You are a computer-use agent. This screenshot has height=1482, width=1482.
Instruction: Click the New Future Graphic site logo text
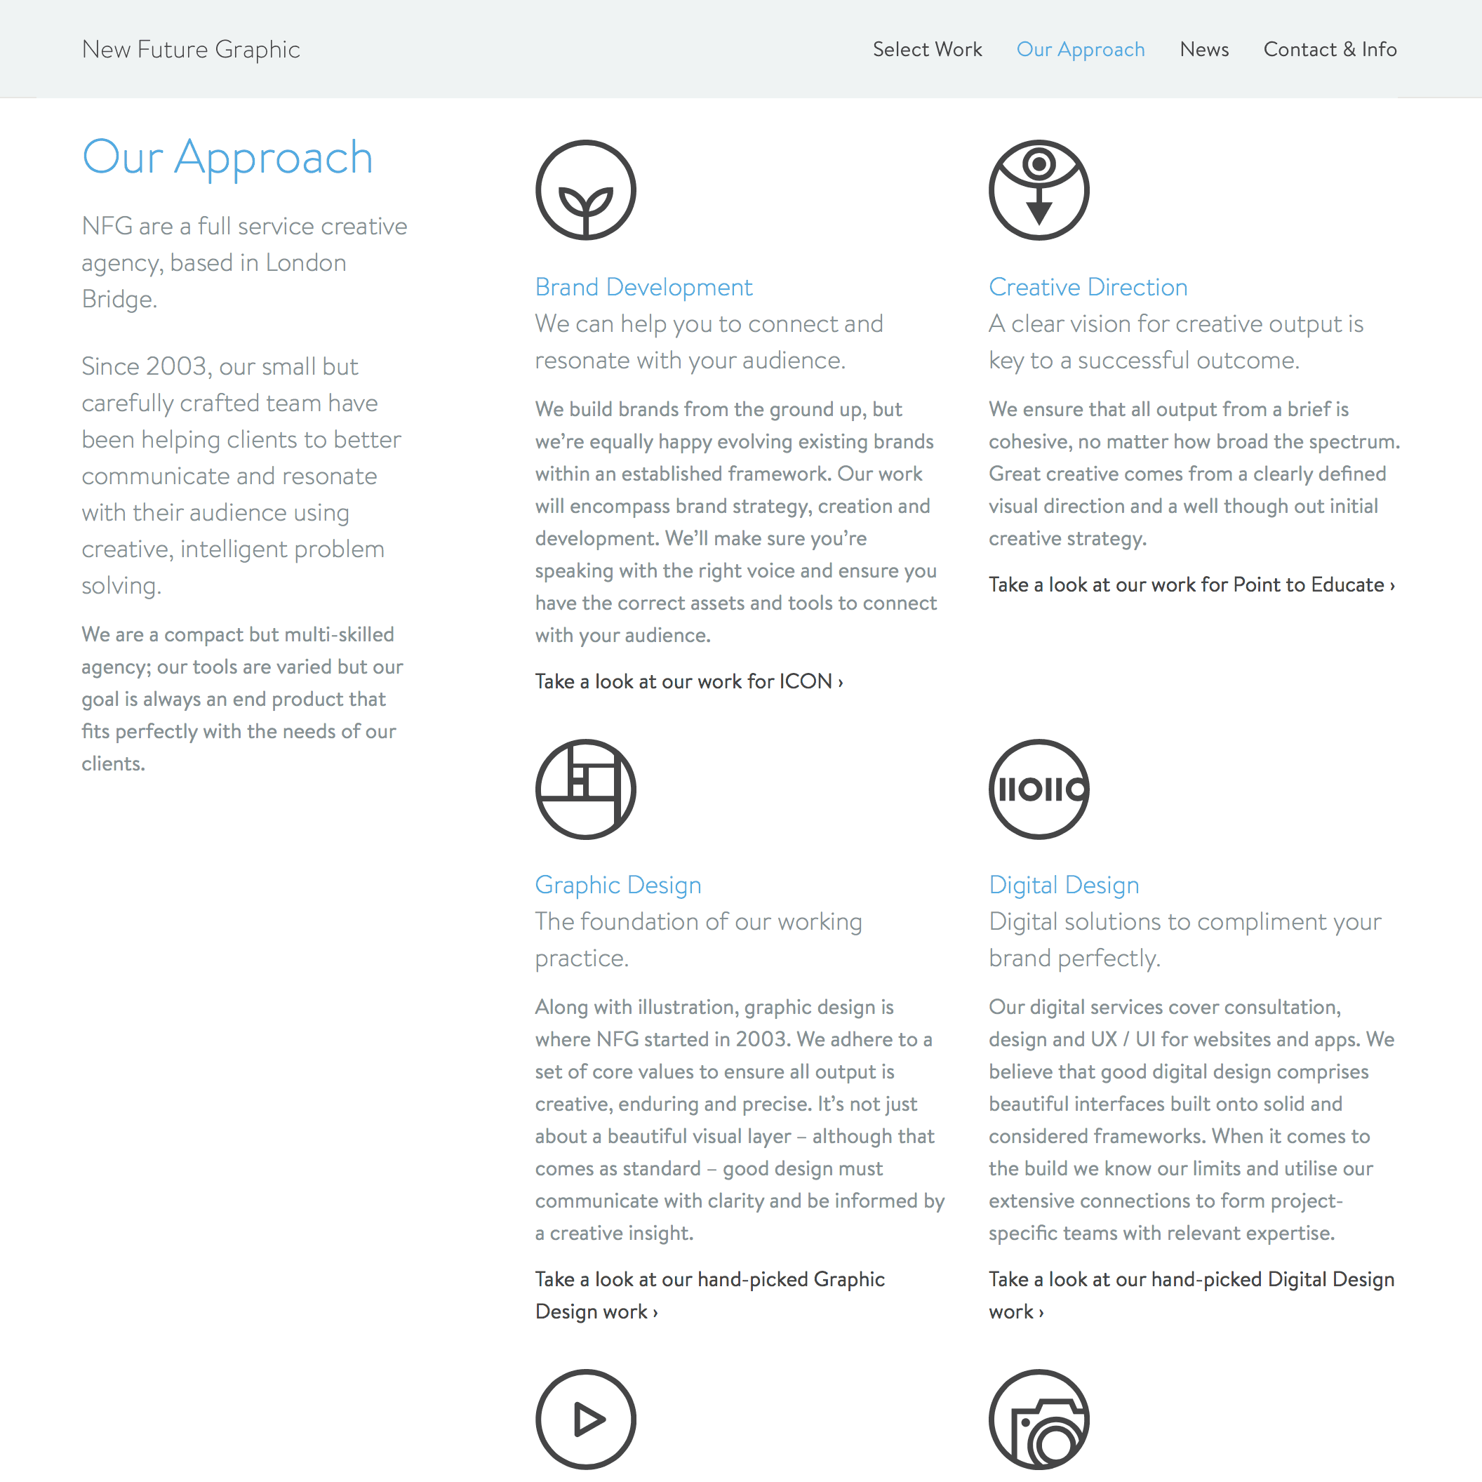click(x=191, y=49)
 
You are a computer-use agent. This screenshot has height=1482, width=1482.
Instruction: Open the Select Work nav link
click(x=927, y=49)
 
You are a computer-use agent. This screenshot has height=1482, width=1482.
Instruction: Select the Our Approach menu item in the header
click(x=1080, y=49)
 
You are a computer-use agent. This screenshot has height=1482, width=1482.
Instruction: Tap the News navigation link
click(x=1203, y=49)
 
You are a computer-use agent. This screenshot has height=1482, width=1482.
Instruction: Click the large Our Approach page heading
click(x=227, y=158)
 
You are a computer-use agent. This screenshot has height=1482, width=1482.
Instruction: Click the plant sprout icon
click(x=585, y=190)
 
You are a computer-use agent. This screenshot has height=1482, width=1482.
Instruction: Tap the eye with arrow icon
click(x=1039, y=190)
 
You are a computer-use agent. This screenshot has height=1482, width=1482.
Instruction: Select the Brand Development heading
click(x=643, y=287)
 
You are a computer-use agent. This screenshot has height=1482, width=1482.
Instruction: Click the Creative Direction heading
click(x=1087, y=287)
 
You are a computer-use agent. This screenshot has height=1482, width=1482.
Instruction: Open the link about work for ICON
click(x=688, y=681)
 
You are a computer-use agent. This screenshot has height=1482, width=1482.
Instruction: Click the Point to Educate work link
click(x=1191, y=585)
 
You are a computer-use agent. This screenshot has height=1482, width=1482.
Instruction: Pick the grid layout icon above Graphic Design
click(x=585, y=789)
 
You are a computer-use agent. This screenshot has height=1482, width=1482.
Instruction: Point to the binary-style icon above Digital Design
click(x=1039, y=789)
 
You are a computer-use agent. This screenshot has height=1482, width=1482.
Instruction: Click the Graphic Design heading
click(x=617, y=884)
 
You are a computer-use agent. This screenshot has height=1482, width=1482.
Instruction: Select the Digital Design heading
click(x=1063, y=884)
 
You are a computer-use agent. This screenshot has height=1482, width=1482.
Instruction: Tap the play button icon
click(x=585, y=1418)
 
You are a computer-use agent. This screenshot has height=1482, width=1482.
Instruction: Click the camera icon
click(x=1039, y=1418)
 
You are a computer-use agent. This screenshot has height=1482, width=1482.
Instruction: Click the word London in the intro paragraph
click(x=305, y=262)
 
